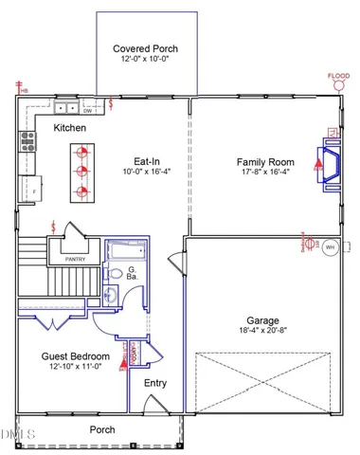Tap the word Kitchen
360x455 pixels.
click(70, 127)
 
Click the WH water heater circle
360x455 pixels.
click(330, 247)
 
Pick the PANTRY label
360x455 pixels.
click(77, 257)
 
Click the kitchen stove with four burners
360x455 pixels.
click(27, 144)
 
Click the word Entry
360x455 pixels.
click(155, 383)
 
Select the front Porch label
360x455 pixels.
click(102, 429)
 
